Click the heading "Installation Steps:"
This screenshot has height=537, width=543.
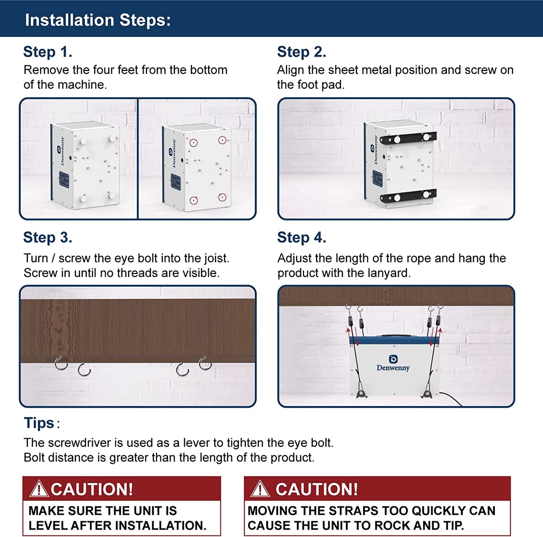[x=98, y=20]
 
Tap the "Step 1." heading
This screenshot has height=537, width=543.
[x=48, y=52]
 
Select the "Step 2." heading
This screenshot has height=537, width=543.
[x=301, y=52]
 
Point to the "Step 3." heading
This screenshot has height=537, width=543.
[x=48, y=237]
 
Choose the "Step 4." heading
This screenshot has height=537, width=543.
[x=301, y=237]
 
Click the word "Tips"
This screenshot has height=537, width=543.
[x=39, y=423]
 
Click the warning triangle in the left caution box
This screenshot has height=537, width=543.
[x=39, y=489]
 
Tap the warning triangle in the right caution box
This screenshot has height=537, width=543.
[x=260, y=489]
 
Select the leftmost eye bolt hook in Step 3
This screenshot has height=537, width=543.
[x=61, y=364]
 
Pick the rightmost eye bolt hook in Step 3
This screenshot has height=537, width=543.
[x=205, y=363]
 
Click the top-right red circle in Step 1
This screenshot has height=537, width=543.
[x=222, y=140]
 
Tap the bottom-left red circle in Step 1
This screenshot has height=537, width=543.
[x=194, y=200]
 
